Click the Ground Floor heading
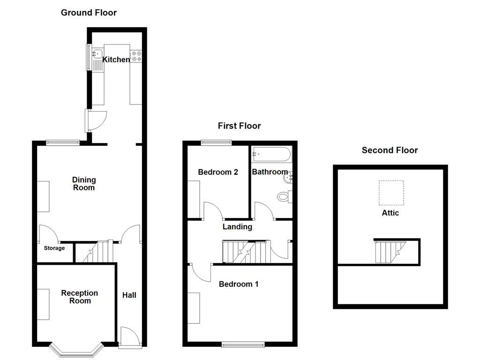coord(89,13)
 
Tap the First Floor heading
coord(239,126)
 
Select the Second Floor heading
coord(390,150)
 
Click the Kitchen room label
coord(116,60)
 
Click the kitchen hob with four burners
coord(137,56)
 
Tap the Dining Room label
coord(84,184)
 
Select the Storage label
coord(54,248)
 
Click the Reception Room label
coord(80,297)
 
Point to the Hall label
coord(129,295)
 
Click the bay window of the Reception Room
coord(76,351)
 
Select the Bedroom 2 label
coord(218,172)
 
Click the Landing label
coord(237,227)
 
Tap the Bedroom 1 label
coord(239,284)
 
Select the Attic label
coord(390,213)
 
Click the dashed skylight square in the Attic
coord(391,193)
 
